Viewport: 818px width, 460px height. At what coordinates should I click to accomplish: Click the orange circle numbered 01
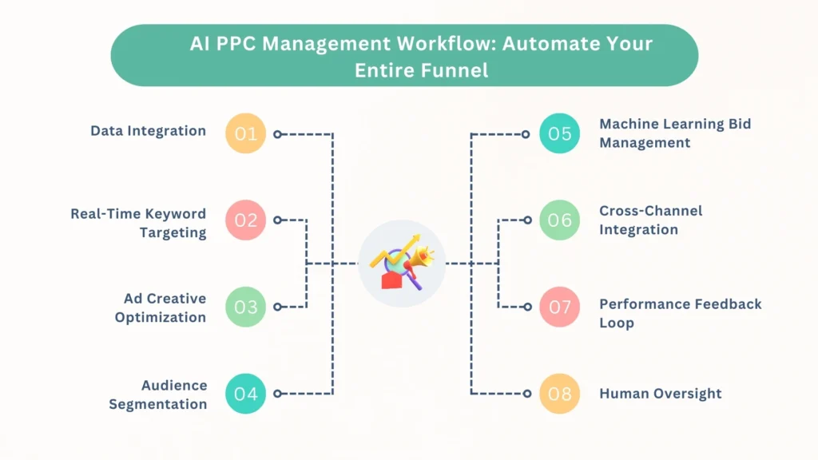(x=245, y=133)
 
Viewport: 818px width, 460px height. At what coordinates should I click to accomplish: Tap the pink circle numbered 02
(x=245, y=220)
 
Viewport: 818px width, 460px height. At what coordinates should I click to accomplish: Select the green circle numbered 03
(x=245, y=307)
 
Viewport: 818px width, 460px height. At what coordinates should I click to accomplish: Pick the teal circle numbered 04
(x=245, y=393)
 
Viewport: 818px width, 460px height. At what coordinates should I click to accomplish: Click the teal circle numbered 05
(x=560, y=133)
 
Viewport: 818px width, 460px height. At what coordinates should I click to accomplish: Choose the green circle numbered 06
(x=560, y=220)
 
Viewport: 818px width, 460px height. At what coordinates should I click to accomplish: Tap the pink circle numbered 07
(x=560, y=307)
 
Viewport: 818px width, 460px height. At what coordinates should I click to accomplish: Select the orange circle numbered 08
(x=560, y=393)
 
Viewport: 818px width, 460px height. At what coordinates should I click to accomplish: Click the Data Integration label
(x=148, y=131)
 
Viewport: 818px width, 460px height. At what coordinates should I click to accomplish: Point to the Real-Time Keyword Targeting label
(x=138, y=223)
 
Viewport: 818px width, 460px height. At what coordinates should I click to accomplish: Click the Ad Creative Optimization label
(x=160, y=307)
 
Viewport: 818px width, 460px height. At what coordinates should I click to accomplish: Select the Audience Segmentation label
(x=157, y=394)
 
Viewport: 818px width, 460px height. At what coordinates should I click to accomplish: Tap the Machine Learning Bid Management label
(x=675, y=133)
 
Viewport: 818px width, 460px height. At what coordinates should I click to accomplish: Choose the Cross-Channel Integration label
(x=651, y=220)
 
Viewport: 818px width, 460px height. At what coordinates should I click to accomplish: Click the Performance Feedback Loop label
(x=681, y=313)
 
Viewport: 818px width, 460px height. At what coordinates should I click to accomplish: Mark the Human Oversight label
(x=661, y=393)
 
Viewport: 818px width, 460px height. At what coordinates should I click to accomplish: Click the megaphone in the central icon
(x=420, y=257)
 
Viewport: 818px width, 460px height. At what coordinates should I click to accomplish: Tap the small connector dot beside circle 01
(x=277, y=134)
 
